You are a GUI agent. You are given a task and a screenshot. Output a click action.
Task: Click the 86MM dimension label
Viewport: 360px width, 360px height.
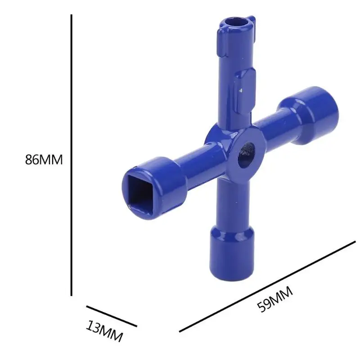44,160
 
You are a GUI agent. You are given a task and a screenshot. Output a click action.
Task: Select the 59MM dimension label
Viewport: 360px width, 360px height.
275,299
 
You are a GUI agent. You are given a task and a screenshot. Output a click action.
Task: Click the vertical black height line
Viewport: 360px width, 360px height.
72,155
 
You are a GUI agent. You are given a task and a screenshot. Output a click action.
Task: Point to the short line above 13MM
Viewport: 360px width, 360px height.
112,316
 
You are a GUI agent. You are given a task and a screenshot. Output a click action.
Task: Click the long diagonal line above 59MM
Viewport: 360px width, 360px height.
267,287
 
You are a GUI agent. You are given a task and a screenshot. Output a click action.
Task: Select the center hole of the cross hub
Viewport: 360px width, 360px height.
246,155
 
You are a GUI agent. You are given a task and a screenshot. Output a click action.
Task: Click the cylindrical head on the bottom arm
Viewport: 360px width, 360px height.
232,253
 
